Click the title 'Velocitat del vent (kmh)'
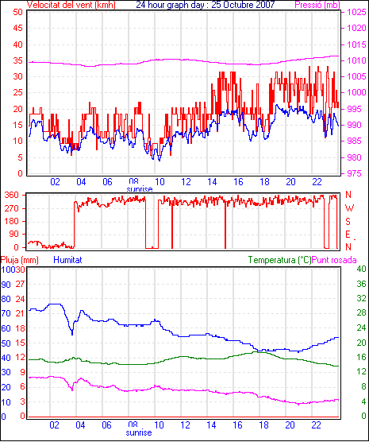point(71,5)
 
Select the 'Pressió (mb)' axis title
point(317,5)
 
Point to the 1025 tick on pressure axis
point(356,12)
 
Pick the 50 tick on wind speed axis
point(17,12)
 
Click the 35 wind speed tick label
point(17,60)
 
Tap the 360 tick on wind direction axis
point(12,195)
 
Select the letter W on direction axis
point(349,208)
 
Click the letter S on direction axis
point(348,222)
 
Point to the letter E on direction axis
point(348,235)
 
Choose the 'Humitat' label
point(67,260)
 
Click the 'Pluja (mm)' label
point(19,260)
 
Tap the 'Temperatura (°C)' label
point(280,260)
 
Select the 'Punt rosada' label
point(334,260)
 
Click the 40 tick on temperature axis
point(361,269)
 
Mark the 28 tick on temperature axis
point(361,313)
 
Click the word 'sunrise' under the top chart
point(140,189)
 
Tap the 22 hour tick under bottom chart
point(316,425)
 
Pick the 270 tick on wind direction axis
point(12,208)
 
